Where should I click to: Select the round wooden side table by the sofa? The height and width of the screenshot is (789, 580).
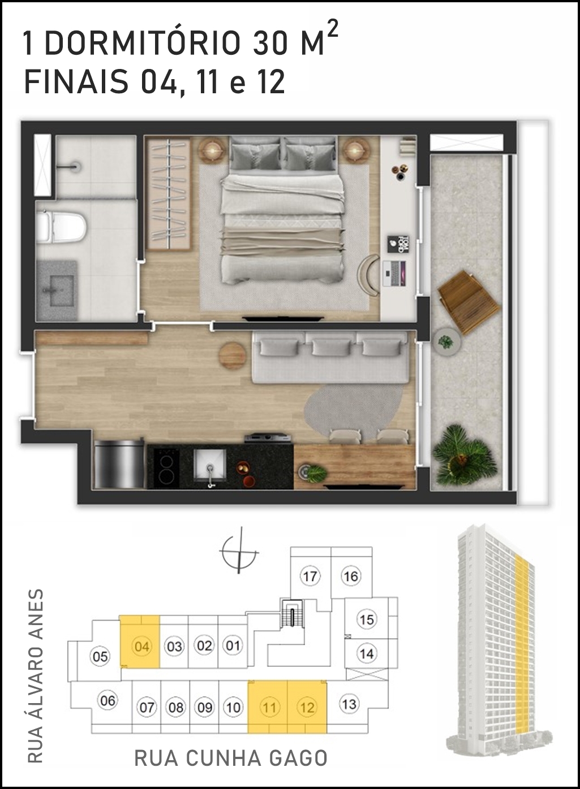232,356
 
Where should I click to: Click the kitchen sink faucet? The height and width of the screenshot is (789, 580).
210,475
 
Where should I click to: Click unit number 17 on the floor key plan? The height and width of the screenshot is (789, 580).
310,576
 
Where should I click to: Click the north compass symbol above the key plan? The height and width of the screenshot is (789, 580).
239,553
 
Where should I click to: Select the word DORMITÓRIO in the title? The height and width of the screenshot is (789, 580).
143,44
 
